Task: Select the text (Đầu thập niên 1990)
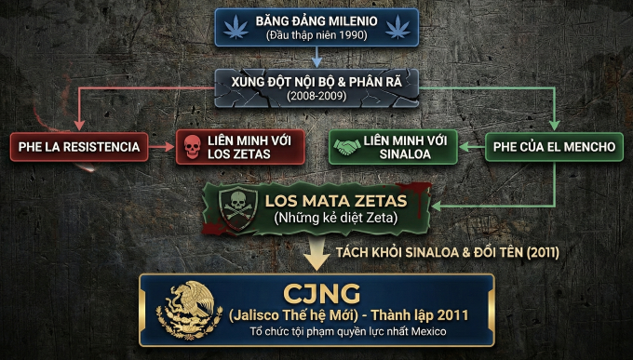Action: pos(316,35)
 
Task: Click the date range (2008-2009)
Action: pos(316,96)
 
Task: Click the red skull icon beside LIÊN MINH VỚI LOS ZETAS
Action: pos(192,147)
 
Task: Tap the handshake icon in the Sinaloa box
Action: pos(346,147)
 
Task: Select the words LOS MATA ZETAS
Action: pos(335,200)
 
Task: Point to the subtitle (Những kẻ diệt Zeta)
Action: pos(335,219)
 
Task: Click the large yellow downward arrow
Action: pos(316,252)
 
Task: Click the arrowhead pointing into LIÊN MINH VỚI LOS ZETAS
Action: pos(171,147)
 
